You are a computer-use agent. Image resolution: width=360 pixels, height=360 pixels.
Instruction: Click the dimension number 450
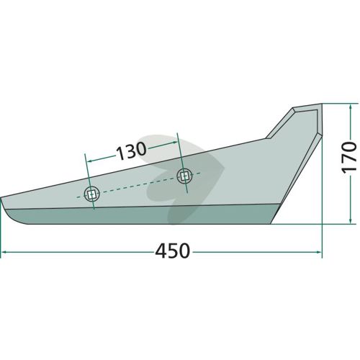point(173,251)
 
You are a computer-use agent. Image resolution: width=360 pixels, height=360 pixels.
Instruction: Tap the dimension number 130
point(131,151)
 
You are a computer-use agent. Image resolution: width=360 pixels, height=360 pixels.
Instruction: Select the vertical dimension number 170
point(348,157)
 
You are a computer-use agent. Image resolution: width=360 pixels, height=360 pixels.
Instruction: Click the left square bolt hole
point(91,194)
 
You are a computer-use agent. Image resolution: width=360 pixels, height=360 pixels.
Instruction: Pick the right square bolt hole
point(184,176)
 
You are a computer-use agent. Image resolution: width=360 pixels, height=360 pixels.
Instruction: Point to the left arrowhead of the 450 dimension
point(4,252)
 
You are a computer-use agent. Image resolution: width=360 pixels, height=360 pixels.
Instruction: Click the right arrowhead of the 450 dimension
point(319,252)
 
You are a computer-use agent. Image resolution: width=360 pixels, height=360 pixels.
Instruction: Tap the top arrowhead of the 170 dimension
point(351,107)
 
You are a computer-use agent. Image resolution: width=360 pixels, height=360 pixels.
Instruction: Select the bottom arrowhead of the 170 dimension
point(351,221)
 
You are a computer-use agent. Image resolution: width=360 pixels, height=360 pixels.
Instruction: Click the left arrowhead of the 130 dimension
point(89,161)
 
